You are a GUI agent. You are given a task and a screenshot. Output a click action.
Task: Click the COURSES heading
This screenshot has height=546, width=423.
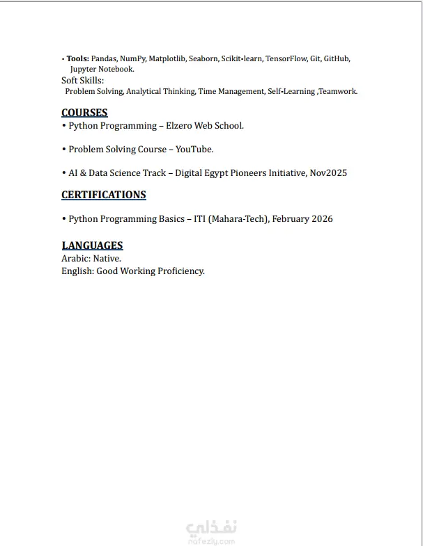pyautogui.click(x=84, y=113)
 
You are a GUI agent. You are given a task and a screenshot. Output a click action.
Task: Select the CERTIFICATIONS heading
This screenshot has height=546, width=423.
pyautogui.click(x=104, y=195)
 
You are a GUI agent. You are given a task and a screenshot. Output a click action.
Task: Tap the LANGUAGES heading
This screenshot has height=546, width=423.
pyautogui.click(x=92, y=245)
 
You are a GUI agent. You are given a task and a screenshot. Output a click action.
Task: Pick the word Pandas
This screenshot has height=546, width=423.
pyautogui.click(x=104, y=59)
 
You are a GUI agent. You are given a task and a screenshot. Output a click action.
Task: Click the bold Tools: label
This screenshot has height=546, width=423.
pyautogui.click(x=77, y=59)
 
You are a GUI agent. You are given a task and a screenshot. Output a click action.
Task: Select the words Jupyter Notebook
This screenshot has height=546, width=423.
pyautogui.click(x=102, y=70)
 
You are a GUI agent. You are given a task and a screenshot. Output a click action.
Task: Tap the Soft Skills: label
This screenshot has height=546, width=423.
pyautogui.click(x=82, y=81)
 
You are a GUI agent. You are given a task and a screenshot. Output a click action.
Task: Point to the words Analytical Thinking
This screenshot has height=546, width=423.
pyautogui.click(x=160, y=91)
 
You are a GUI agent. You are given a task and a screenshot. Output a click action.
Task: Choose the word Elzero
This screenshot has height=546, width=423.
pyautogui.click(x=184, y=126)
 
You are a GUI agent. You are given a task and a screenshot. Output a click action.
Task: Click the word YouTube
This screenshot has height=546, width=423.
pyautogui.click(x=194, y=150)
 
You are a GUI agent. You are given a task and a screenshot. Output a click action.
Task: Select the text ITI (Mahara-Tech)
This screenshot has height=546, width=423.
pyautogui.click(x=228, y=219)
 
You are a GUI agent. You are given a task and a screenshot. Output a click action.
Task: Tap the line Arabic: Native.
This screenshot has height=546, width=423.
pyautogui.click(x=91, y=258)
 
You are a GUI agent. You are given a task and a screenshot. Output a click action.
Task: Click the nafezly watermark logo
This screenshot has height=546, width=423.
pyautogui.click(x=213, y=530)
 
